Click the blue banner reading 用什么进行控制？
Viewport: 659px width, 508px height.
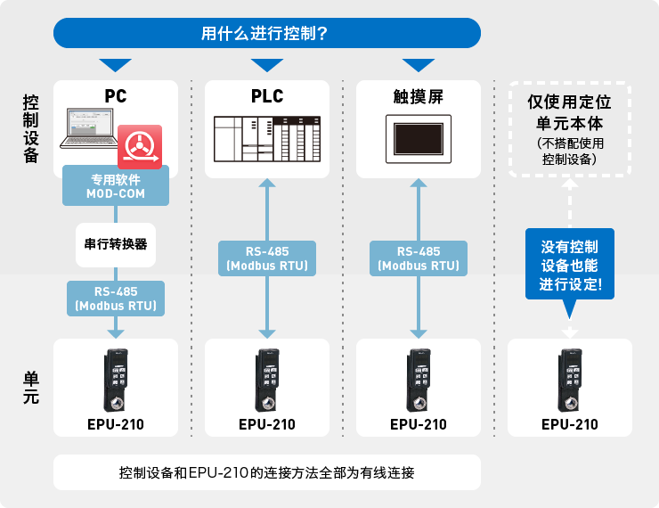pos(267,33)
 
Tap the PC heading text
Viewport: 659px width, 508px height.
pos(116,96)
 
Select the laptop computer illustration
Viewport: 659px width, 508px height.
pos(89,128)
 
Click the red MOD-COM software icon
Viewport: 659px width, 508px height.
pos(140,147)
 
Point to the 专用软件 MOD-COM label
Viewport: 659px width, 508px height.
pos(116,186)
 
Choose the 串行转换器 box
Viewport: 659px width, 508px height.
pos(116,244)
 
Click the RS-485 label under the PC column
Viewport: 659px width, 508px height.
pos(116,299)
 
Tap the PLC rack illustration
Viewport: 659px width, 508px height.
pos(267,139)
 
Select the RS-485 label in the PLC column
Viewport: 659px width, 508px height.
pos(267,258)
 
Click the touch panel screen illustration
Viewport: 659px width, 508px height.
pos(419,139)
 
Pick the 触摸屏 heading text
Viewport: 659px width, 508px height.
pos(419,97)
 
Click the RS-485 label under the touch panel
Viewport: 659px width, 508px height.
pos(419,258)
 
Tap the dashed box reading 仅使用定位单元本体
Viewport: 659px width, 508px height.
pos(569,129)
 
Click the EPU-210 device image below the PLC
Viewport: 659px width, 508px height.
pos(267,380)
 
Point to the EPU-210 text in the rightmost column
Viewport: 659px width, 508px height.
pos(569,424)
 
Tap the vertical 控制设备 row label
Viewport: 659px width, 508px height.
pos(30,128)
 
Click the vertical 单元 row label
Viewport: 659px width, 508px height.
pos(30,388)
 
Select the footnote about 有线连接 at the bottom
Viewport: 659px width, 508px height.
pos(267,472)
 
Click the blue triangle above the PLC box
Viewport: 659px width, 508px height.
pos(267,64)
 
